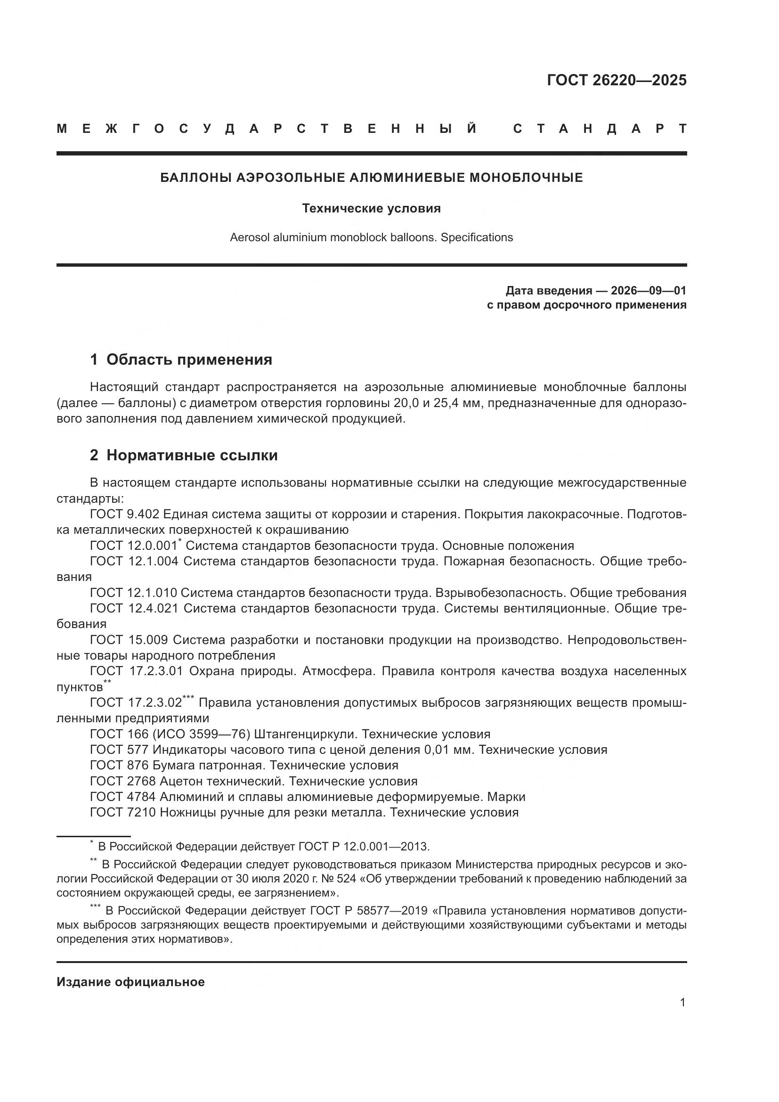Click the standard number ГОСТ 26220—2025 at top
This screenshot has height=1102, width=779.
tap(617, 80)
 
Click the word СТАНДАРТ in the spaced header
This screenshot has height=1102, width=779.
tap(600, 129)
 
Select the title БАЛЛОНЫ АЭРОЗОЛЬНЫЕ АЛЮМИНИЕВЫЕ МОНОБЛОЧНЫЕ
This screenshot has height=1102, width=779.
tap(371, 178)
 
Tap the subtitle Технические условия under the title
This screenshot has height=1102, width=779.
tap(371, 208)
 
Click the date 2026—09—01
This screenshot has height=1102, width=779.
tap(649, 290)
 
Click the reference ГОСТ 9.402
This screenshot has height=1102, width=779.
tap(124, 514)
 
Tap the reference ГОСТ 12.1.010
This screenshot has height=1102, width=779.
tap(133, 592)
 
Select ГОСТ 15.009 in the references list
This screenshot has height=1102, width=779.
tap(129, 639)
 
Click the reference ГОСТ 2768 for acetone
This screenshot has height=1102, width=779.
tap(123, 781)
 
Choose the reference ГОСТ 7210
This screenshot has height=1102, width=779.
tap(123, 812)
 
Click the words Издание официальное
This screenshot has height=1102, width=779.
tap(130, 982)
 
